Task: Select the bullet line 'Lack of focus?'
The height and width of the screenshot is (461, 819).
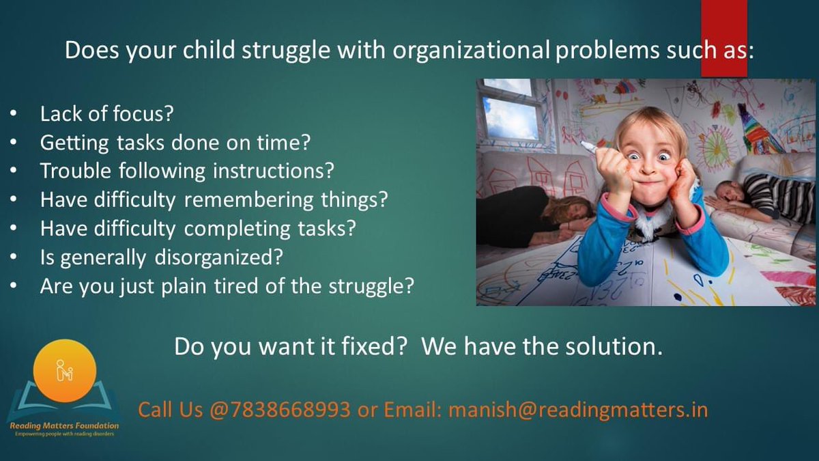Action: point(106,113)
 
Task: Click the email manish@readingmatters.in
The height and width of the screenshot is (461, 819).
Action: point(578,410)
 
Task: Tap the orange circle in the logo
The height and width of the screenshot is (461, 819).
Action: point(64,372)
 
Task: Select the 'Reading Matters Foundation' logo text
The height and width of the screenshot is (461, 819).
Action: point(64,425)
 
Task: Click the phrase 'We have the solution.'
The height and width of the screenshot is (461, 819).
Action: point(542,346)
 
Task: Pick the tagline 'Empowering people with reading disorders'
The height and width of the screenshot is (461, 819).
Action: point(64,434)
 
